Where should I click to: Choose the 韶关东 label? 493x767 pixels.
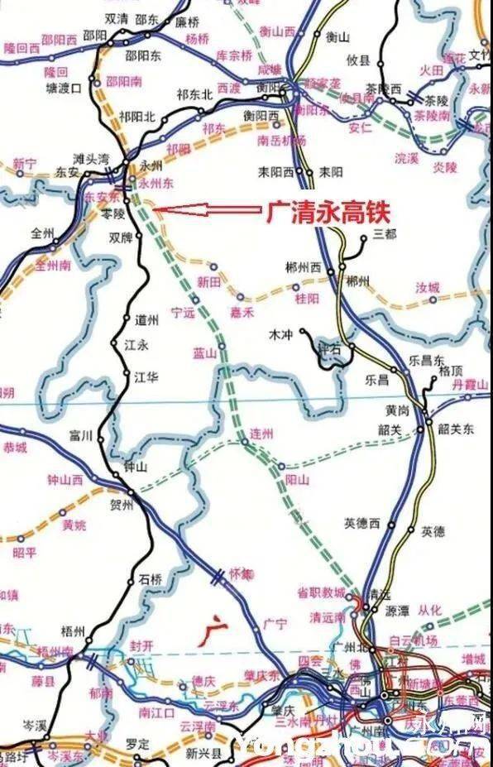click(x=456, y=429)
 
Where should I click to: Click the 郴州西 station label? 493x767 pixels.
click(x=303, y=267)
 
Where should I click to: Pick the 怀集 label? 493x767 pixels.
click(x=239, y=573)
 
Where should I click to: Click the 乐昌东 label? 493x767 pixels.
click(x=427, y=362)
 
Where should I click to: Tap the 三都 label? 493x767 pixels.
click(x=385, y=234)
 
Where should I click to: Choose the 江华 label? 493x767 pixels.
click(x=146, y=377)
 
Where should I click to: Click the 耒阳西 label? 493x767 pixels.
click(x=276, y=173)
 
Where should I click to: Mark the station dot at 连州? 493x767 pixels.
click(x=245, y=443)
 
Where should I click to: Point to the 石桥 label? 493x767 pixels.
click(x=151, y=578)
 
